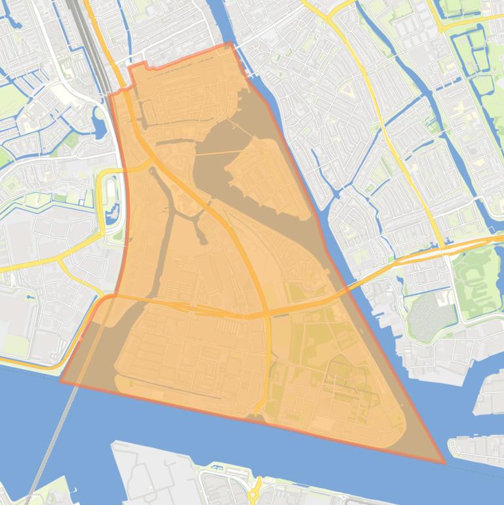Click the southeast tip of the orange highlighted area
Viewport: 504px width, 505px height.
pyautogui.click(x=444, y=462)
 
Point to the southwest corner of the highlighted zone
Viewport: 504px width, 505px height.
pyautogui.click(x=61, y=380)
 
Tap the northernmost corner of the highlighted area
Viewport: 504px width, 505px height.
pyautogui.click(x=230, y=44)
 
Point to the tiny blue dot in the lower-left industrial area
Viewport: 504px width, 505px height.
pyautogui.click(x=31, y=297)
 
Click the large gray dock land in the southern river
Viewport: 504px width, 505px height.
pyautogui.click(x=151, y=472)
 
